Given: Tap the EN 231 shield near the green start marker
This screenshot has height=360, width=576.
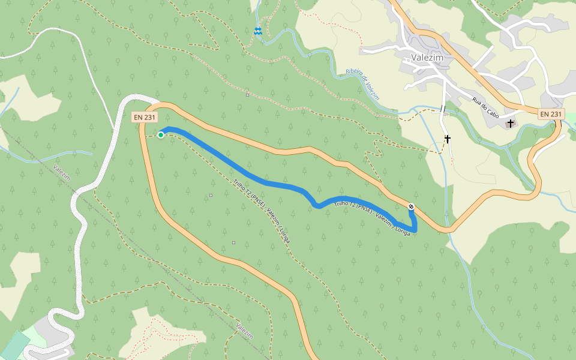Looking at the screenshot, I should [x=145, y=118].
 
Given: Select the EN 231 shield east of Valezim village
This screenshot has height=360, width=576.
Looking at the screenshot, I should [x=551, y=114].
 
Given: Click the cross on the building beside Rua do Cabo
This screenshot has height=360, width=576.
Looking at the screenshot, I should [x=511, y=124].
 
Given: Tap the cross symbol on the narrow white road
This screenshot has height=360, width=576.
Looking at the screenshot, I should [x=447, y=139].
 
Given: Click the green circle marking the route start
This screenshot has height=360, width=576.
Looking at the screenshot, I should [x=161, y=135].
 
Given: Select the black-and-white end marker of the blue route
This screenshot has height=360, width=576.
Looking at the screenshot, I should [x=411, y=207].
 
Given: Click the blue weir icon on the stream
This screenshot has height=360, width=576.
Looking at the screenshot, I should [x=257, y=31].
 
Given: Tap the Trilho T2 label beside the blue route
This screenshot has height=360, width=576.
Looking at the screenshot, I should [x=372, y=215].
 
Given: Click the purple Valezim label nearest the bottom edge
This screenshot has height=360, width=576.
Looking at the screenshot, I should [x=244, y=331].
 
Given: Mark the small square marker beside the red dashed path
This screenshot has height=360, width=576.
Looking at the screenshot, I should [x=247, y=94].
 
